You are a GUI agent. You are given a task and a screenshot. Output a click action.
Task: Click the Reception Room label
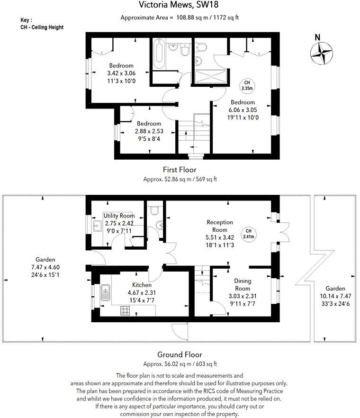pyautogui.click(x=220, y=225)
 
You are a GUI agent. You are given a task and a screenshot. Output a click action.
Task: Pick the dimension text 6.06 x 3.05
pyautogui.click(x=243, y=110)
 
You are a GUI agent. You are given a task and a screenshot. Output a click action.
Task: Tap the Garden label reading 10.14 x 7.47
pyautogui.click(x=335, y=296)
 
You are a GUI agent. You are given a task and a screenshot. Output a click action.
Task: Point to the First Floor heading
pyautogui.click(x=180, y=170)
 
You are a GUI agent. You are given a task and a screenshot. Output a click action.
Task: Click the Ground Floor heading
pyautogui.click(x=180, y=354)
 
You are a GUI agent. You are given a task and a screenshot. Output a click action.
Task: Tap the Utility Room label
pyautogui.click(x=119, y=216)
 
